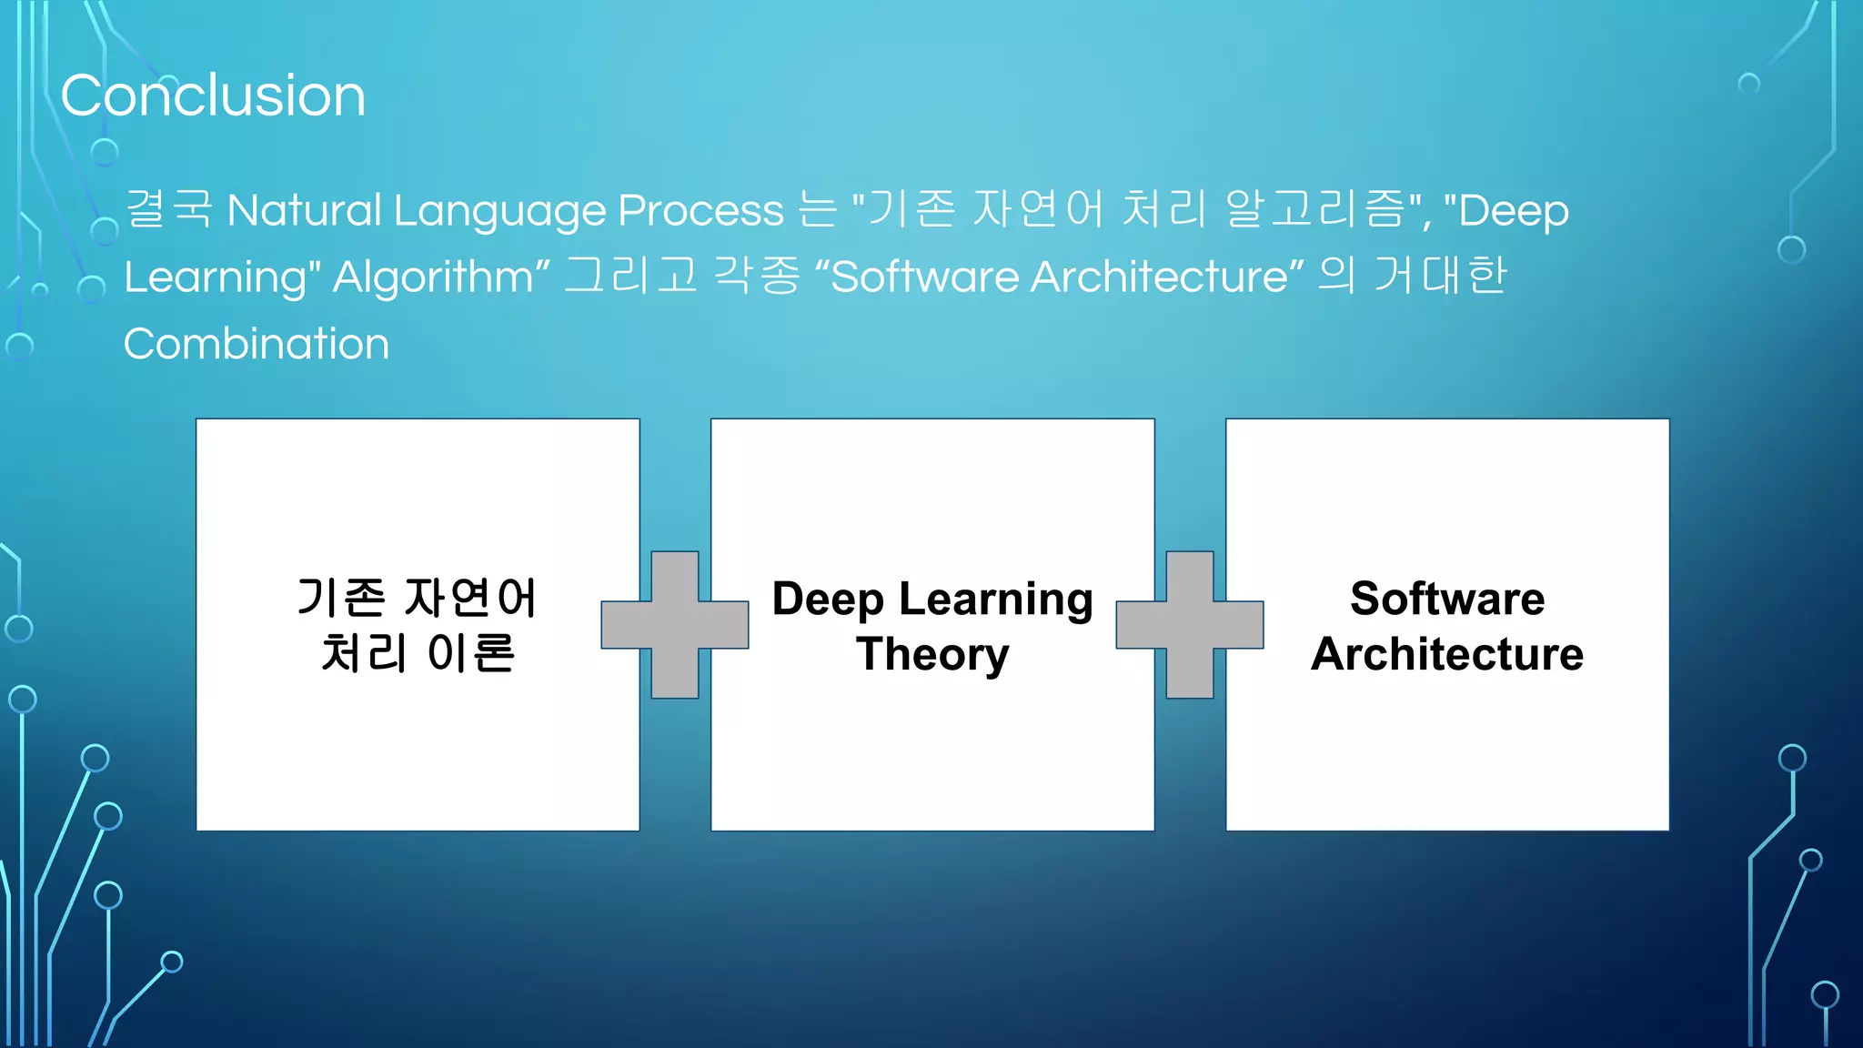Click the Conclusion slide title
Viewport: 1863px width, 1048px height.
pos(213,96)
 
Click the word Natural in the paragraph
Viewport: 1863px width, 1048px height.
pos(304,211)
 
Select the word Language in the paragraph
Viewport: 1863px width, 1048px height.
pos(499,211)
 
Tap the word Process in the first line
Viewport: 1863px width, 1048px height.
pos(700,211)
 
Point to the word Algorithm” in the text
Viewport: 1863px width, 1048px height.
pos(441,277)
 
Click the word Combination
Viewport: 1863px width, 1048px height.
pos(256,345)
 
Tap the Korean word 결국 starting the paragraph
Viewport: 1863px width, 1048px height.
pos(169,209)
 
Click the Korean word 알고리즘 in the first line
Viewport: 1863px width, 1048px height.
pos(1314,209)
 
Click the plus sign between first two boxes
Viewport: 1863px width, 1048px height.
pos(675,625)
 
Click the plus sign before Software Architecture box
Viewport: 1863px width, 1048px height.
pos(1190,625)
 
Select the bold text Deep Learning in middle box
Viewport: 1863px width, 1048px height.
pos(932,600)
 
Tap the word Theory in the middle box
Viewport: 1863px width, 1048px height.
pos(932,655)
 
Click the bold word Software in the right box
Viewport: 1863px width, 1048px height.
pos(1447,600)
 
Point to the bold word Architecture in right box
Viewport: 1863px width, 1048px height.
pos(1447,655)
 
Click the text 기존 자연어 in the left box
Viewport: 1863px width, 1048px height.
pos(418,599)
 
